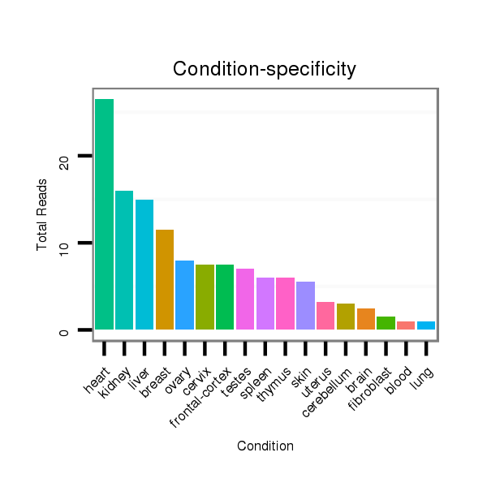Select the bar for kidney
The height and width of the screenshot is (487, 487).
pos(124,260)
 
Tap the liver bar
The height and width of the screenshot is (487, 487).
pos(144,265)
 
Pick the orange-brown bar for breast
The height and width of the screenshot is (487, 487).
pos(165,279)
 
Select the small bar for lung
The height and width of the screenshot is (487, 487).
pos(426,325)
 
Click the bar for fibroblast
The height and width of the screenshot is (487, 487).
pos(386,323)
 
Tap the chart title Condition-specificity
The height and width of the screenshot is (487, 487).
pos(265,70)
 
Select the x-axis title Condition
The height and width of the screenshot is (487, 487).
pos(265,446)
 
